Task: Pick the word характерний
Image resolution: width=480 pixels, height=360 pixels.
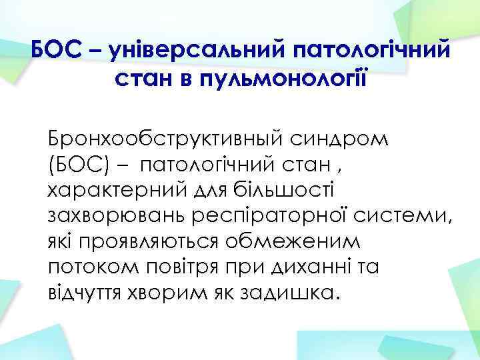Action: point(114,188)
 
